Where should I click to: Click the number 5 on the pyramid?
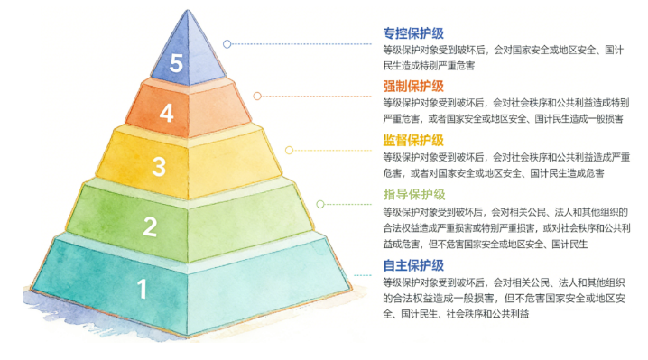coord(177,63)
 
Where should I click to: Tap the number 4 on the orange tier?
coord(166,114)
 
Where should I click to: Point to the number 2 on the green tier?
coord(150,226)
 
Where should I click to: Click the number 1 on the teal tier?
coord(142,290)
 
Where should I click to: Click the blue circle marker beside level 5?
coord(227,43)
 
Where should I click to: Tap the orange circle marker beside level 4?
coord(257,95)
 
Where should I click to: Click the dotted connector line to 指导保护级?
coord(347,202)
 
